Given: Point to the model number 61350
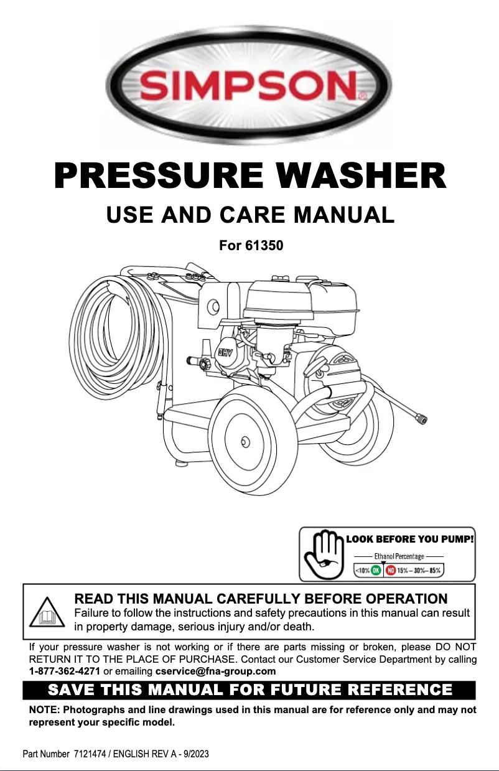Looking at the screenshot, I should tap(264, 246).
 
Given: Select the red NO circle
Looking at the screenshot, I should tap(391, 569).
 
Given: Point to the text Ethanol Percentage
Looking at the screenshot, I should tap(399, 556).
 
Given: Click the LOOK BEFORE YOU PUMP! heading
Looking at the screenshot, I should tap(410, 539).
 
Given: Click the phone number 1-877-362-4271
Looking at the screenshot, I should tap(65, 671).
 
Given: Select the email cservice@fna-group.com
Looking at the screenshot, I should tap(215, 671).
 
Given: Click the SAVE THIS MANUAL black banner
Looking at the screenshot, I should tap(250, 690).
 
